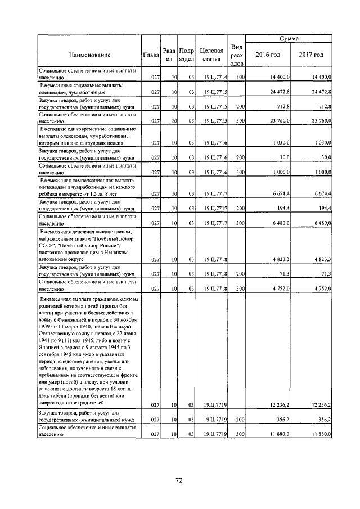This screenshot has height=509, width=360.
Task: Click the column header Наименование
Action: pos(90,55)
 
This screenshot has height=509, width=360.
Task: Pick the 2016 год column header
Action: pos(267,55)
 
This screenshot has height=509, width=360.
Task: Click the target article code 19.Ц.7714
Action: pos(215,76)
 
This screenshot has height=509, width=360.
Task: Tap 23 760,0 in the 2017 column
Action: pos(321,120)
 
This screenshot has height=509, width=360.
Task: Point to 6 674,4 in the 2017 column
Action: pos(322,194)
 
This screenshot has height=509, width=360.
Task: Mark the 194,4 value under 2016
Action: pos(282,209)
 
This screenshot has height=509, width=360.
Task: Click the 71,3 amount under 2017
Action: pos(325,274)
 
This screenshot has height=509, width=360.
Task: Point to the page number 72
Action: pos(179,480)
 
